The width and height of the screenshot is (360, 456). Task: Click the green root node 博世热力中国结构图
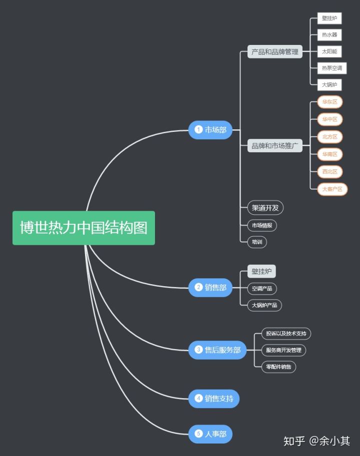point(83,228)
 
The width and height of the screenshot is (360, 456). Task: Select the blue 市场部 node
point(210,130)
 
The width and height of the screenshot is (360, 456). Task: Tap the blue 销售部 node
point(210,287)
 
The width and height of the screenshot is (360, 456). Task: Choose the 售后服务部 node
point(217,350)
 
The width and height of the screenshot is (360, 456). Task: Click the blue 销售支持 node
point(214,399)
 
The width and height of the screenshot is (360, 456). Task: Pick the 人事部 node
point(210,434)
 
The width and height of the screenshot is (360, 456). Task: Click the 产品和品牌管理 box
point(275,51)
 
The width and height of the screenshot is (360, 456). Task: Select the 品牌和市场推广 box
point(275,146)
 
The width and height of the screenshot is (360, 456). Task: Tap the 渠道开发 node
point(265,208)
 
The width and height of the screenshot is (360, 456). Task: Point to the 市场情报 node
point(262,225)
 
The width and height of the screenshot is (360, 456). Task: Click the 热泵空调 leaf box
point(332,68)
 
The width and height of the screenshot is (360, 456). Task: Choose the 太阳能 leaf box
point(329,51)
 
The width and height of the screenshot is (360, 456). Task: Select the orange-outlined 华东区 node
point(329,102)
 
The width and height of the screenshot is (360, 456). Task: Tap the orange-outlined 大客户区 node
point(332,189)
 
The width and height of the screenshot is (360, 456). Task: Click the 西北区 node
point(329,172)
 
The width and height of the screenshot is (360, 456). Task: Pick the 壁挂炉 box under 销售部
point(261,272)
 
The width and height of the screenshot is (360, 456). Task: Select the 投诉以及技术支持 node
point(286,333)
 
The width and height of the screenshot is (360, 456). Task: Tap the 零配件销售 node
point(279,367)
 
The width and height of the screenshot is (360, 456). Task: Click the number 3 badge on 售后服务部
point(198,350)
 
